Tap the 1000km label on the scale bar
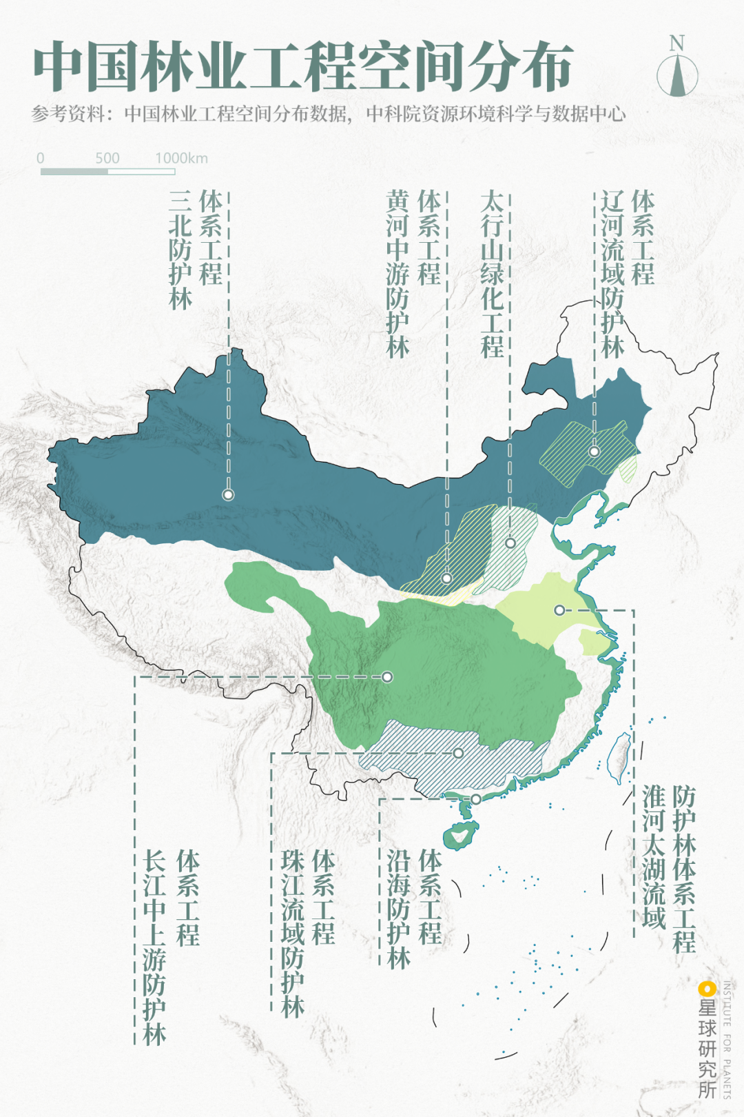181,158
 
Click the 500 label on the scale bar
107,158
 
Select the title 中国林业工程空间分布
303,67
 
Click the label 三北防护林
180,250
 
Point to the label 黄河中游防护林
398,274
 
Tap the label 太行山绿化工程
492,274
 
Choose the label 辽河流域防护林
612,274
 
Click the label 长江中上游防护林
154,947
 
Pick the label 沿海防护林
399,909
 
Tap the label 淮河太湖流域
654,856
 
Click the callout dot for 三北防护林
228,494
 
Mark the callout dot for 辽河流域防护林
594,451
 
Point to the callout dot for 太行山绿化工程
510,543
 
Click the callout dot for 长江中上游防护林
387,676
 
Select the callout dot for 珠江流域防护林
458,753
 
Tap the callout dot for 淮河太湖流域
559,610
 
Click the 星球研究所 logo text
707,1048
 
